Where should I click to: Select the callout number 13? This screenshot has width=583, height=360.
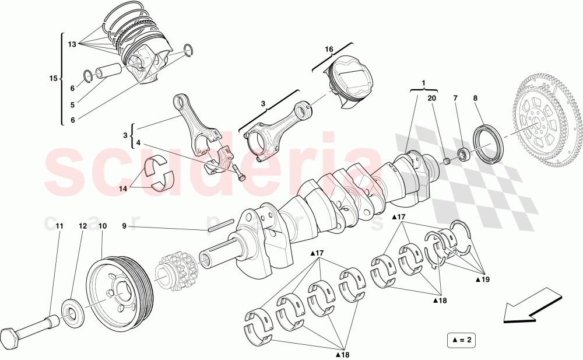pyautogui.click(x=72, y=44)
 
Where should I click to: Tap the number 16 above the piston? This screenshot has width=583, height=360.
pyautogui.click(x=329, y=50)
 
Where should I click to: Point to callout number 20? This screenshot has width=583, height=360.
pyautogui.click(x=431, y=99)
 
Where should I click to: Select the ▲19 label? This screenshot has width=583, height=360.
pyautogui.click(x=482, y=279)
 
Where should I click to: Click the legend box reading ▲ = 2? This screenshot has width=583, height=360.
pyautogui.click(x=460, y=339)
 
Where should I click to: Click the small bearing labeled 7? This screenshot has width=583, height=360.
pyautogui.click(x=464, y=155)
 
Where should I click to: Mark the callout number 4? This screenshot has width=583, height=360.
pyautogui.click(x=138, y=142)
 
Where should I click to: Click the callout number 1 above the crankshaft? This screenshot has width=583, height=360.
pyautogui.click(x=424, y=83)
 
